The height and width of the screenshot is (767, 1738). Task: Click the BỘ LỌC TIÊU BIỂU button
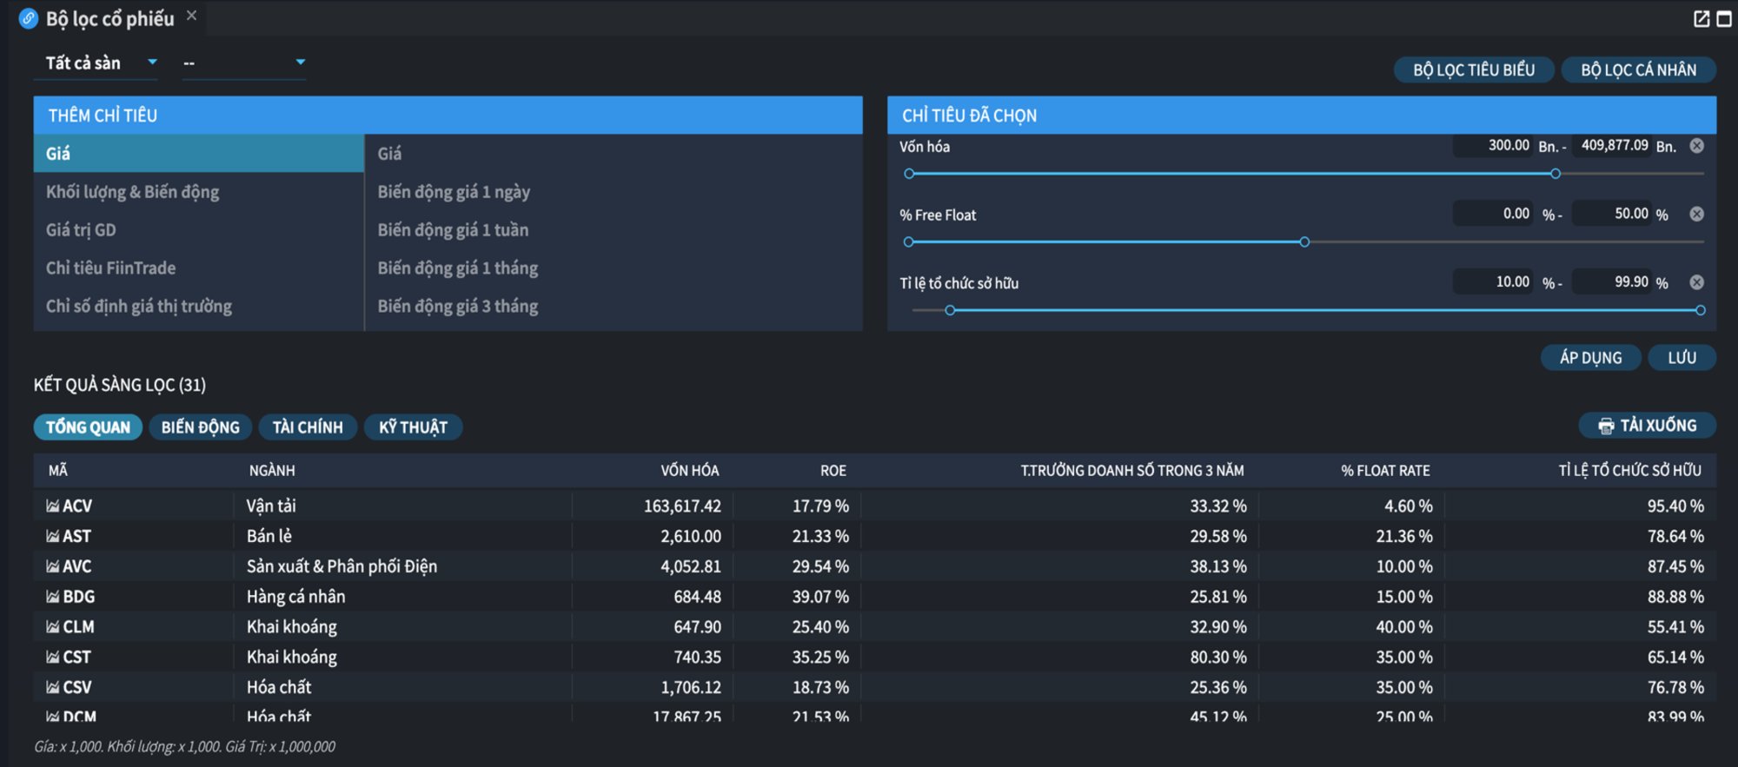click(1474, 69)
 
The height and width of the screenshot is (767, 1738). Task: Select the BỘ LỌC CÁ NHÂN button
click(1638, 69)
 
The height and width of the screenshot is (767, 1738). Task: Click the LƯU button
click(1682, 358)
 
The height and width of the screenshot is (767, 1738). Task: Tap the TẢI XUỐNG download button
click(1647, 426)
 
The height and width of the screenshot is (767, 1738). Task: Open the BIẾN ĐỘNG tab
click(200, 427)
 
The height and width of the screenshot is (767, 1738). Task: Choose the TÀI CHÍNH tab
click(308, 427)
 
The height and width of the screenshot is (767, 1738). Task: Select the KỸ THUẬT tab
click(413, 427)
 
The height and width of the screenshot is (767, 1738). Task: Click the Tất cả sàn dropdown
click(96, 63)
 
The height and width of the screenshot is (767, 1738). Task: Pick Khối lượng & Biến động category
click(132, 192)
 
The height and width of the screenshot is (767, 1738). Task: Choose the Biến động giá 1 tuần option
click(453, 230)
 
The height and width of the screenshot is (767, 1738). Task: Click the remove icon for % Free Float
click(1696, 214)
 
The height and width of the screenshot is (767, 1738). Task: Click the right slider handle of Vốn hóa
click(1556, 174)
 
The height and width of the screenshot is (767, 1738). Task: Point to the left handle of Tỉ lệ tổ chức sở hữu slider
click(950, 310)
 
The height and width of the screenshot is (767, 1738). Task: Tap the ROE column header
click(833, 471)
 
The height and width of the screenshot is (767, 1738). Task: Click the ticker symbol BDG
click(78, 597)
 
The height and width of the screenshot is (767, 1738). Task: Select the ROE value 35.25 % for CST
click(820, 658)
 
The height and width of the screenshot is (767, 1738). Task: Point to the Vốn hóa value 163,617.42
click(682, 506)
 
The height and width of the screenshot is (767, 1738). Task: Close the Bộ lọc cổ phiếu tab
click(191, 16)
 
